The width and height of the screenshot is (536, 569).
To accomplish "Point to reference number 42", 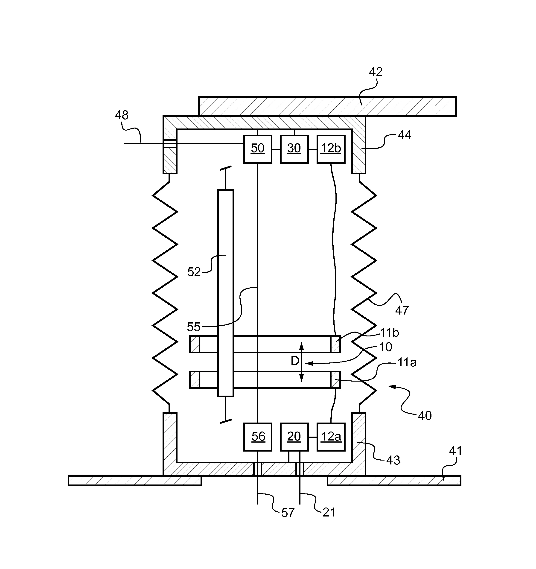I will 376,72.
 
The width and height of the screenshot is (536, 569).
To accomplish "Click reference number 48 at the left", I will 122,115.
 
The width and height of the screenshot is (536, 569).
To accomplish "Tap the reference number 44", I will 404,135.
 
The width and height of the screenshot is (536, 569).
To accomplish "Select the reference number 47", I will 402,310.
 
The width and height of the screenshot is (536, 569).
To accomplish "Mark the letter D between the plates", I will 295,361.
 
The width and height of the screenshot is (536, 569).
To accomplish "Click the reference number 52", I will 194,272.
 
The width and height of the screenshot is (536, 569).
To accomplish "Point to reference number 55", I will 193,327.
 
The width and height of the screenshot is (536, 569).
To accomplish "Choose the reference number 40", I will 425,416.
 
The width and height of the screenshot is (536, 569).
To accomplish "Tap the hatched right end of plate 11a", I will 335,379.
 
